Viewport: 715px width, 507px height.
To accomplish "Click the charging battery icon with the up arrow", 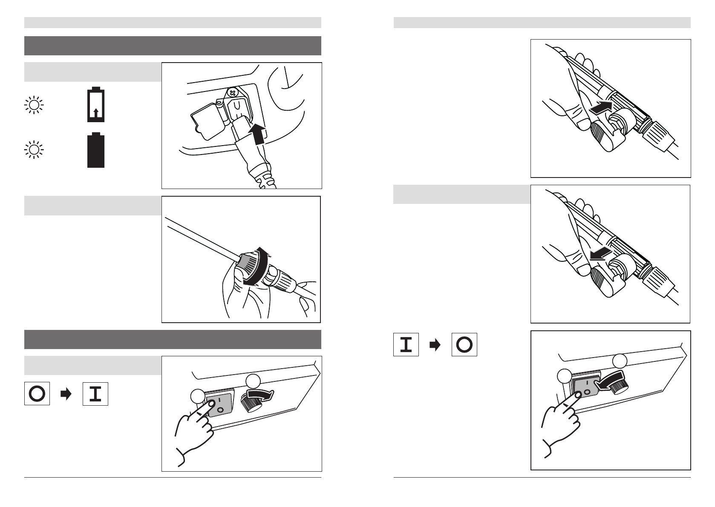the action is [96, 104].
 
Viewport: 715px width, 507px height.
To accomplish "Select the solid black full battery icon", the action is [96, 150].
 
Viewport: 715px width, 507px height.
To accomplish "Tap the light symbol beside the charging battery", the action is [34, 105].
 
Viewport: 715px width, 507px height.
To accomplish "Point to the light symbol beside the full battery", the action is [34, 149].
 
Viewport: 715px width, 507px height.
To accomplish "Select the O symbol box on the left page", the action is [37, 393].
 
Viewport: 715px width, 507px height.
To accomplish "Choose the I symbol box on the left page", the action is [95, 394].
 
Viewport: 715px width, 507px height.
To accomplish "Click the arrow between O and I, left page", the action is [66, 394].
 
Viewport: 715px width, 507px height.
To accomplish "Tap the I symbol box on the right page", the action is [406, 345].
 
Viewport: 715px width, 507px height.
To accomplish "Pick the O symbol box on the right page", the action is [464, 345].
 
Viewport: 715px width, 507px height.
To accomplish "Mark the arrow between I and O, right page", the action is [435, 345].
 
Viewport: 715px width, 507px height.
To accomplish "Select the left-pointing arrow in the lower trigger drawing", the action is [600, 254].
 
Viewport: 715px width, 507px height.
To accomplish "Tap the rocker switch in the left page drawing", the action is [219, 404].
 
